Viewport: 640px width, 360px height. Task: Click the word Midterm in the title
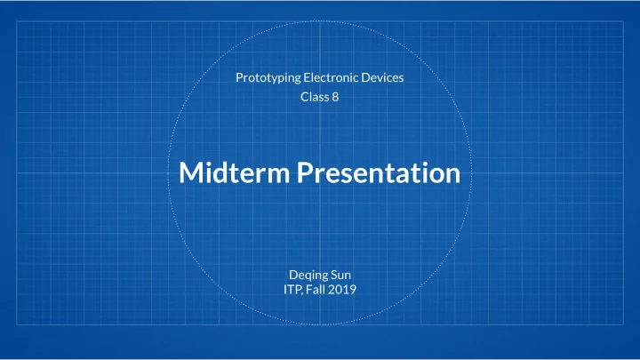235,172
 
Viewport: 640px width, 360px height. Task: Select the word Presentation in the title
379,172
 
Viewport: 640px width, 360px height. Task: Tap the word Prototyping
268,78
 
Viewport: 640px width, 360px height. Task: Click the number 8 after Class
335,97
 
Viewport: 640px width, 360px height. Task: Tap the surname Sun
340,275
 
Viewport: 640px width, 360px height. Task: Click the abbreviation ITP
292,290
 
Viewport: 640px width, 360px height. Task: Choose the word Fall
315,290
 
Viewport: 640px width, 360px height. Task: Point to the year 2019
342,290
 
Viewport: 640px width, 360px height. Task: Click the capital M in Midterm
191,172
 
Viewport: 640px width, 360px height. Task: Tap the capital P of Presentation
305,172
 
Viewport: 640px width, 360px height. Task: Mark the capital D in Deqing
293,275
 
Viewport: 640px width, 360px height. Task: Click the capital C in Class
305,97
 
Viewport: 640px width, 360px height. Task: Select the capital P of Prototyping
240,77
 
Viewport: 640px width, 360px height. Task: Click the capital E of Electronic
307,77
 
